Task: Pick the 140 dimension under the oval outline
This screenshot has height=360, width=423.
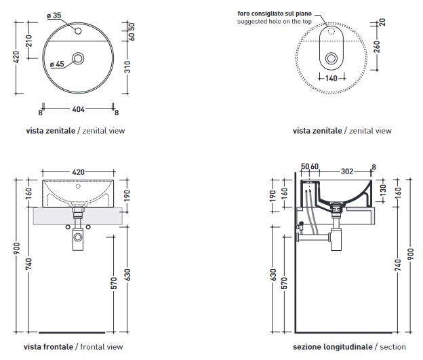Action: coord(331,79)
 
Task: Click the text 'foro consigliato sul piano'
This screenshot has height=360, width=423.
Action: coord(275,13)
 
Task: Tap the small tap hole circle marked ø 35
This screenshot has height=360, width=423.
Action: coord(79,31)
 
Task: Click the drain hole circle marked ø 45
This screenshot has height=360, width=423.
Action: coord(79,60)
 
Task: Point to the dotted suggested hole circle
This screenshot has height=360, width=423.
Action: coord(331,31)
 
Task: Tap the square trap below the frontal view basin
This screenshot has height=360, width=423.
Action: coord(78,237)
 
